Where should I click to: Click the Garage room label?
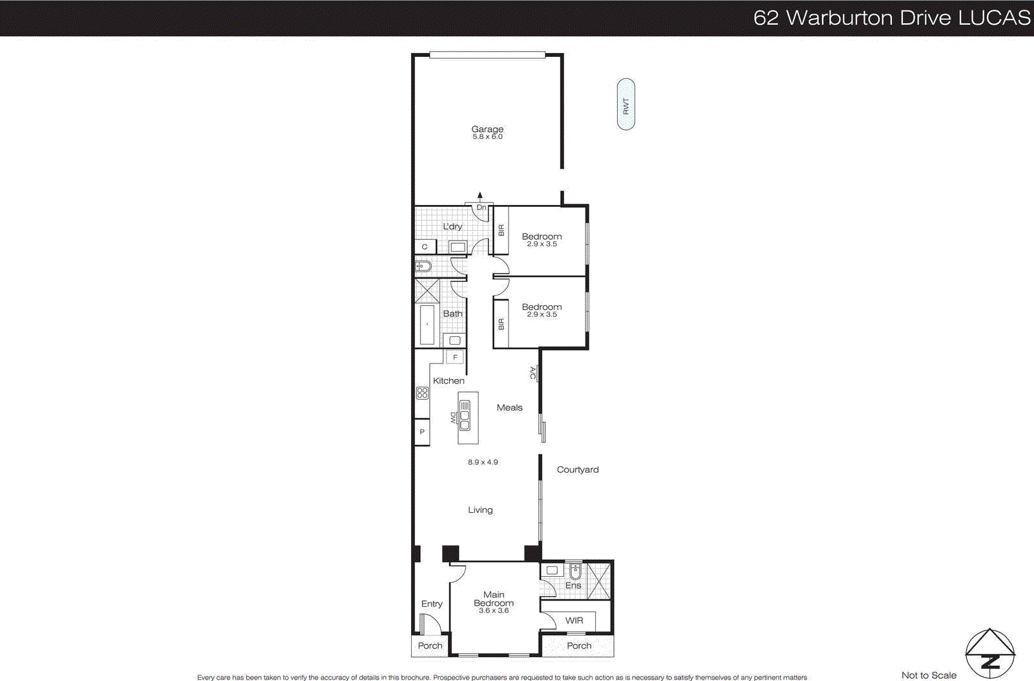487,129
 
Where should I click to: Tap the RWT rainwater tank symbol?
626,105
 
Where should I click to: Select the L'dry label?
452,226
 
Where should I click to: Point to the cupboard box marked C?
425,246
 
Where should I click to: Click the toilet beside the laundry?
423,266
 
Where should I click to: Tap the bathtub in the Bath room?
427,324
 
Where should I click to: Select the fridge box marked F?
455,357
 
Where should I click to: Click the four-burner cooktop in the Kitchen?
422,393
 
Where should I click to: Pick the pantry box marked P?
422,432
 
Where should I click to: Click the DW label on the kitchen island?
453,418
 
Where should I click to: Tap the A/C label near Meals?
533,373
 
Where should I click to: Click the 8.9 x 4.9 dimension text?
483,462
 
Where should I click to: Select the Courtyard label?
578,470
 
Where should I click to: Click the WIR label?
574,620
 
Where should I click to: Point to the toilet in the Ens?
575,571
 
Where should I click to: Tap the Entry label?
432,603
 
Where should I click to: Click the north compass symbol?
990,654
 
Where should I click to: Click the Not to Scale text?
929,675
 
